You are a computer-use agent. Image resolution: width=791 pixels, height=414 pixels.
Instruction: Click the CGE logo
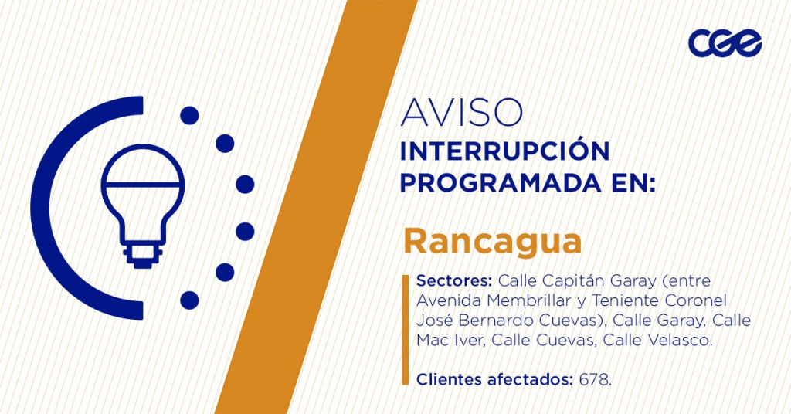tap(725, 42)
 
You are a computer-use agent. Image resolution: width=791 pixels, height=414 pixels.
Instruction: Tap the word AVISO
tap(462, 113)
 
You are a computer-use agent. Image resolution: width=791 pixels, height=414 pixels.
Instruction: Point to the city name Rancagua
tap(493, 242)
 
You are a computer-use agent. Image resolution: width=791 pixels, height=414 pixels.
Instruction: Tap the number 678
tap(596, 379)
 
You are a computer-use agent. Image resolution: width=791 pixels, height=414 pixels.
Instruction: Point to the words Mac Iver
tap(451, 340)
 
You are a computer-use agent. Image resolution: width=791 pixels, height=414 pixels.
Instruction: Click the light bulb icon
tap(143, 205)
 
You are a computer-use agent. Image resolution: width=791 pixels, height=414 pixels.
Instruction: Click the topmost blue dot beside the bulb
tap(190, 116)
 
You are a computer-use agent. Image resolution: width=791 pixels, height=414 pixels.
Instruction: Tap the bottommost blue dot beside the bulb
tap(190, 300)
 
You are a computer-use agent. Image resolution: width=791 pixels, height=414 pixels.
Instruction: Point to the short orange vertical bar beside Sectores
tap(405, 330)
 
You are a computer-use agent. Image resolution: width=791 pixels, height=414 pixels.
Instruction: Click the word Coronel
tap(696, 300)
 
